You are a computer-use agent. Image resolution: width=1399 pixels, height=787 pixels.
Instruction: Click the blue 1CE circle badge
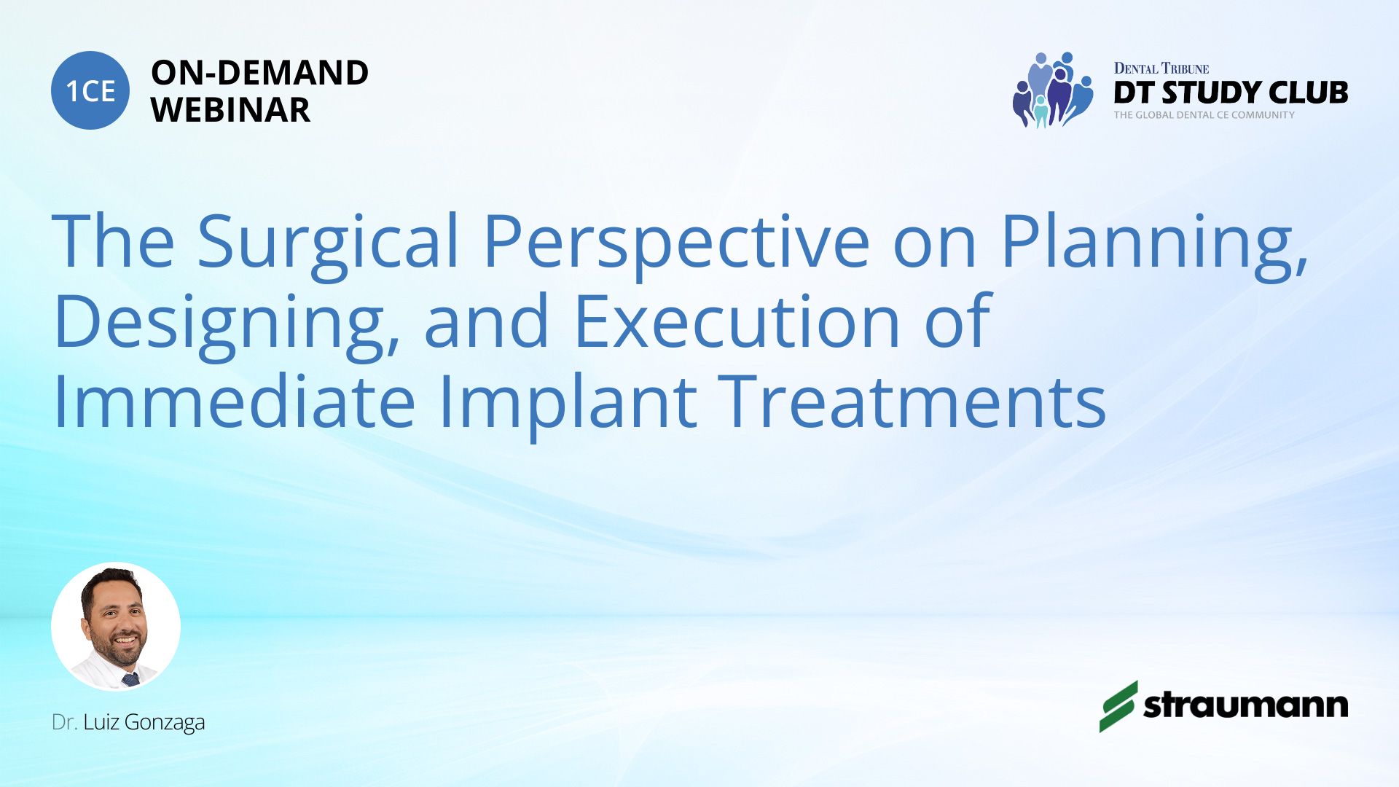(x=90, y=90)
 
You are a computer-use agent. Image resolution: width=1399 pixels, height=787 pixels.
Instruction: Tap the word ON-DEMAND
(x=260, y=73)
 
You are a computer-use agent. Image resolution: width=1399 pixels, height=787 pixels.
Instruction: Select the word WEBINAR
(x=231, y=110)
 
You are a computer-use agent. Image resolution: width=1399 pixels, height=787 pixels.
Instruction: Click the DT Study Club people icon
(x=1053, y=90)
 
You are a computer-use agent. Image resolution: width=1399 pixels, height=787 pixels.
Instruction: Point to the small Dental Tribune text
(x=1161, y=68)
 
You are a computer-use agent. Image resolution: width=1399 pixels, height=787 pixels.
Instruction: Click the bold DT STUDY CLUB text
(x=1231, y=93)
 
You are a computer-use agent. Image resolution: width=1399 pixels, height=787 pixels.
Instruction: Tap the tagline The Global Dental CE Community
(x=1204, y=115)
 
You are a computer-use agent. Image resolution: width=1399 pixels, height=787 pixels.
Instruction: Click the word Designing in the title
(x=227, y=325)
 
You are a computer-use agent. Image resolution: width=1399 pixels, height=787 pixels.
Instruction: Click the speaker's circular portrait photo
(x=116, y=627)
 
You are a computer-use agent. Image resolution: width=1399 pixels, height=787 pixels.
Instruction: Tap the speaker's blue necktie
(x=130, y=680)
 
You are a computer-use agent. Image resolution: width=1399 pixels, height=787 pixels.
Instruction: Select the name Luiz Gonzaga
(x=144, y=722)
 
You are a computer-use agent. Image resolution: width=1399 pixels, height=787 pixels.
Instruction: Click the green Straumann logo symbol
(x=1118, y=706)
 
